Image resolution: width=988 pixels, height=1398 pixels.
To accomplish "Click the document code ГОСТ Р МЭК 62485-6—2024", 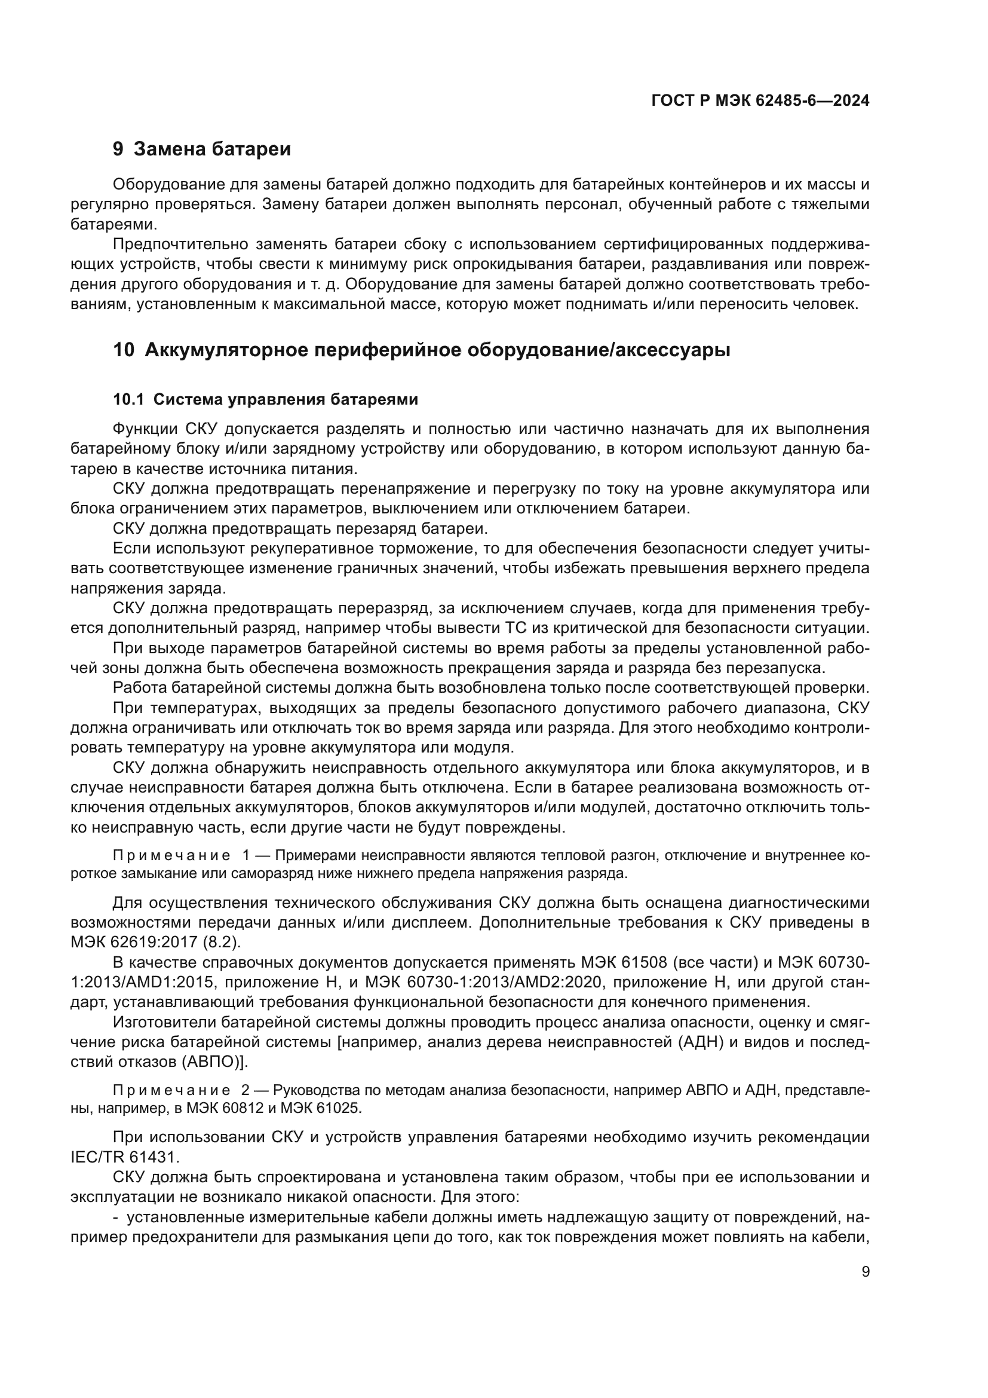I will click(x=760, y=100).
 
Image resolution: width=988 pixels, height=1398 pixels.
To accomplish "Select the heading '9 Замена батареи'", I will click(x=202, y=149).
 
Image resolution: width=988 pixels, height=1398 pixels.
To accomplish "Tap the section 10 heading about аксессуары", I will click(x=422, y=350).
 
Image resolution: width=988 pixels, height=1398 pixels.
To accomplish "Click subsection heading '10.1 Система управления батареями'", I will click(x=266, y=399).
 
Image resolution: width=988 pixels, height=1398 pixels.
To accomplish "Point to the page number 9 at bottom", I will click(x=866, y=1271).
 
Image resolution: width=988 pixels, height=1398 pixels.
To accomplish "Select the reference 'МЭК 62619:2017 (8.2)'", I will click(x=156, y=942).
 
